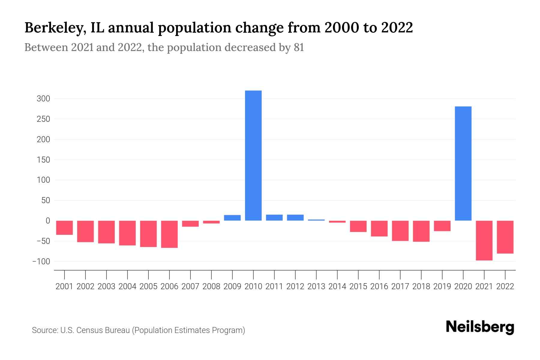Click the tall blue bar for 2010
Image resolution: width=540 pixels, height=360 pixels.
253,155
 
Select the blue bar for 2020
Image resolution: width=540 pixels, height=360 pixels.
463,163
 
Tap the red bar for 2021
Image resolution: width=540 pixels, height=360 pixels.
484,240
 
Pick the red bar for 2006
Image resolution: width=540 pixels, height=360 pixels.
169,234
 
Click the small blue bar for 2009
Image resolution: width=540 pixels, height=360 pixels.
232,218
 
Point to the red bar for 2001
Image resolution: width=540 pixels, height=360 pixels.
64,228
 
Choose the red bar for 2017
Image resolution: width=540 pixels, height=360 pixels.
400,231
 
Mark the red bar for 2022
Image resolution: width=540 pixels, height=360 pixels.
505,237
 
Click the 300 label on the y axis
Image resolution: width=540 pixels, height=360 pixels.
43,99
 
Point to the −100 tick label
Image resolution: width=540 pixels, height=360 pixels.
41,262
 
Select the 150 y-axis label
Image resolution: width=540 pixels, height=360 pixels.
43,160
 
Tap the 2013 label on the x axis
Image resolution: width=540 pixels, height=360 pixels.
316,286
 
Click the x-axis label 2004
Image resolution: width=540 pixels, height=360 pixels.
127,286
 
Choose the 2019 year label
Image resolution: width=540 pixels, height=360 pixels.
442,286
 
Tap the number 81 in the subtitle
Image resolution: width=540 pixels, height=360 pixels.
299,47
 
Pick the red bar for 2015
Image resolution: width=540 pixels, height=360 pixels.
358,226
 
